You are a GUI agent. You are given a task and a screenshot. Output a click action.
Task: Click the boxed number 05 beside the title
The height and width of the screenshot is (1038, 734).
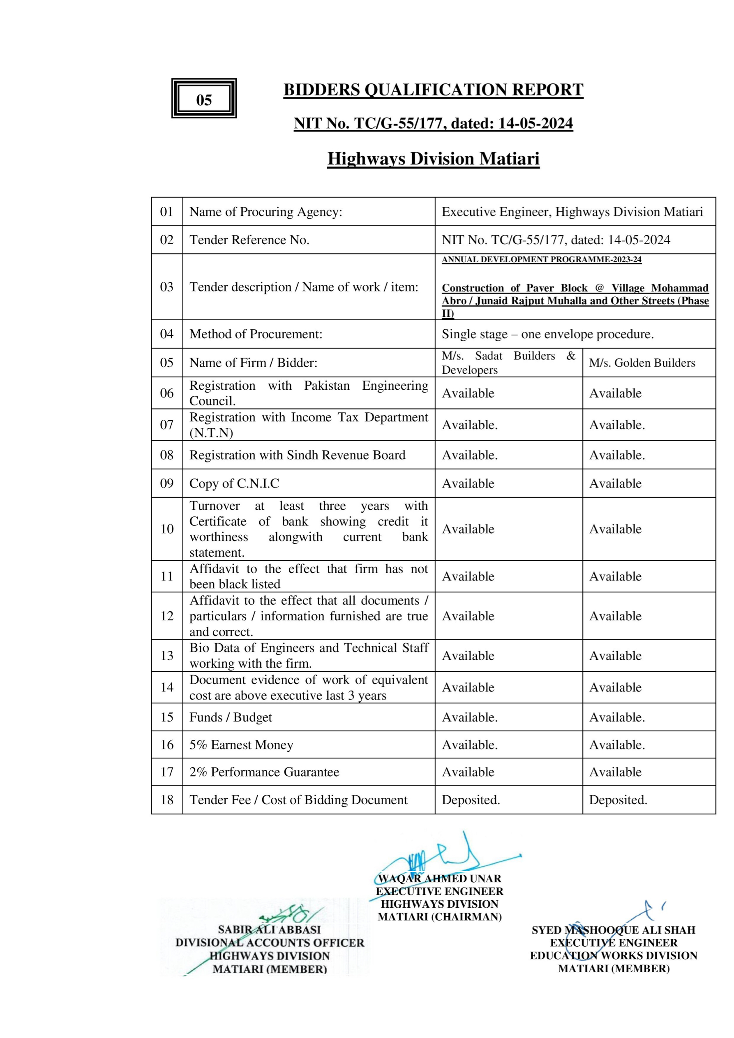(204, 99)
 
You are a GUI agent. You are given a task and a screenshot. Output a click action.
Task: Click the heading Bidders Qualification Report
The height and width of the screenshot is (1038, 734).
(433, 90)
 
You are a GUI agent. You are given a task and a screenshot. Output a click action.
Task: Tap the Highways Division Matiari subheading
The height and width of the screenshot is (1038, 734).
(433, 159)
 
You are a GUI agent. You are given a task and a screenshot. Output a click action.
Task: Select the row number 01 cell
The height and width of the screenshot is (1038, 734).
(167, 212)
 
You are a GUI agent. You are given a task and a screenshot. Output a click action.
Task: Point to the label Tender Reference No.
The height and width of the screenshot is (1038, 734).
(249, 240)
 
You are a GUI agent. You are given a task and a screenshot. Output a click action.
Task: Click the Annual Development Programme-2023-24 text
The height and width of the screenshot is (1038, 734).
(542, 259)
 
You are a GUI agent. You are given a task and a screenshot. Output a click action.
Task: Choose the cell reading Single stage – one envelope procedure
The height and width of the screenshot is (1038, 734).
(547, 334)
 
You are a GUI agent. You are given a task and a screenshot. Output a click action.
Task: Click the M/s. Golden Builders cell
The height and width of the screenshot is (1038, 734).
(642, 363)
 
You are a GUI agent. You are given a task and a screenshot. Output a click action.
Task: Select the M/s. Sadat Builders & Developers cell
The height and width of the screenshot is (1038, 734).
(508, 363)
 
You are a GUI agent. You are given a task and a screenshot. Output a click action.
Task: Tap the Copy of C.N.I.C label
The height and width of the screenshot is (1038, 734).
(234, 483)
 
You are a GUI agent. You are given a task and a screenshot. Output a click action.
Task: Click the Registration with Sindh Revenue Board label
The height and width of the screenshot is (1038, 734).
(297, 455)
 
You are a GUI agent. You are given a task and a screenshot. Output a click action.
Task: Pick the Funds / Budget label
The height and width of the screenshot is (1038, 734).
(231, 717)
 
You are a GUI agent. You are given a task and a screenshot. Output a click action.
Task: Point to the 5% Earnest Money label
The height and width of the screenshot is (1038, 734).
(241, 744)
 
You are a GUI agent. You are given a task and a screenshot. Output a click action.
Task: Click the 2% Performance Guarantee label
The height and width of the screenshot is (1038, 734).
(264, 772)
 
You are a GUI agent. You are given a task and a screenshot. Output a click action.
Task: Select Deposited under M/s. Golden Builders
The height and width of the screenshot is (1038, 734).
(618, 800)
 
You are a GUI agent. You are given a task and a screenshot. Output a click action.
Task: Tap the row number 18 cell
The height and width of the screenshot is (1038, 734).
(167, 800)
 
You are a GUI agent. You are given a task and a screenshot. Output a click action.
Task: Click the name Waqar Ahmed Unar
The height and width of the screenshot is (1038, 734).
(439, 878)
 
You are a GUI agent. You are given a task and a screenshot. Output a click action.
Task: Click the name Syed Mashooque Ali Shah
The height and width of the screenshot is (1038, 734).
(613, 930)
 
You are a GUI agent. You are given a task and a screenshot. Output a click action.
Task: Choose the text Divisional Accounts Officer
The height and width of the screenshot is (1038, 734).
(270, 943)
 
